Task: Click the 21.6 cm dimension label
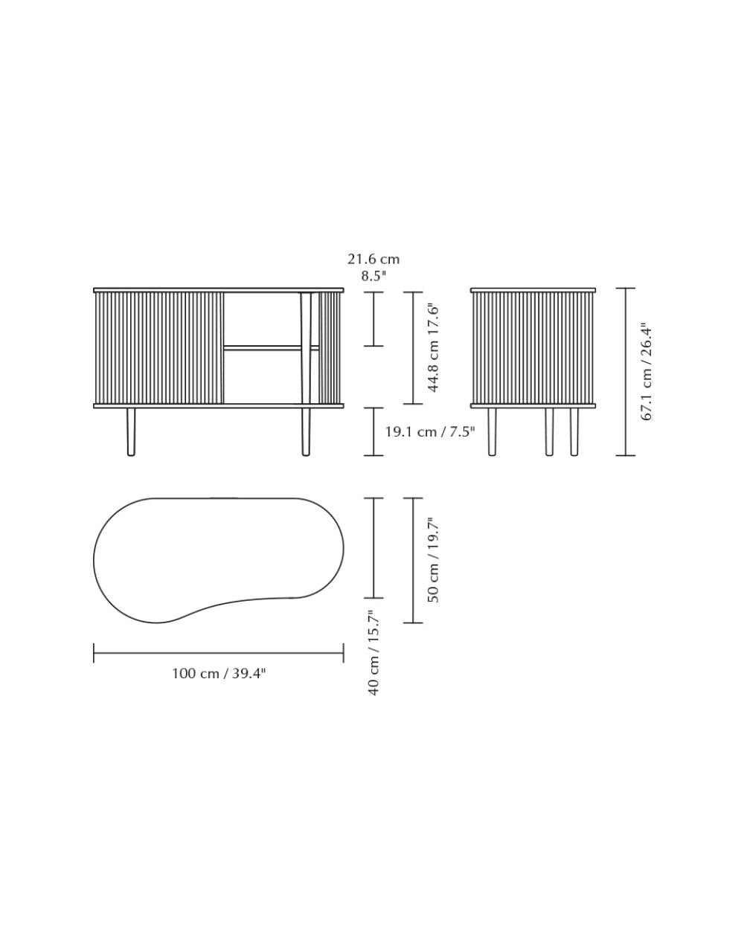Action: [x=373, y=259]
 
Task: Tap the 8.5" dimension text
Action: [x=373, y=276]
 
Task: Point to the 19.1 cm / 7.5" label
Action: [x=430, y=432]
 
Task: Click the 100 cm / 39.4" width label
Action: [x=219, y=673]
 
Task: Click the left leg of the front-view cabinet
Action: [x=131, y=432]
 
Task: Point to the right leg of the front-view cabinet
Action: [x=306, y=432]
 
